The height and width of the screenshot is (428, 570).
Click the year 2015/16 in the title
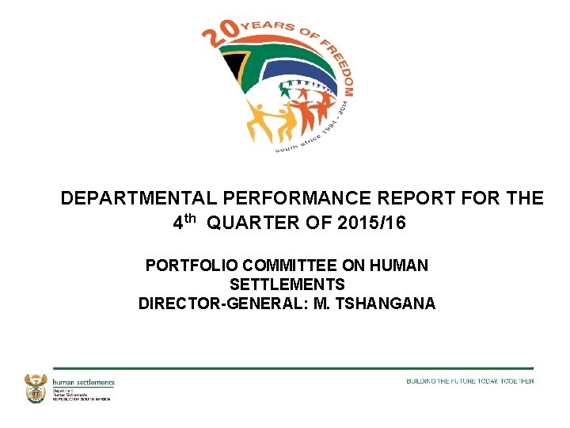click(x=371, y=224)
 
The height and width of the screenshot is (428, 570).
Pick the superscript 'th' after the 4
click(x=192, y=219)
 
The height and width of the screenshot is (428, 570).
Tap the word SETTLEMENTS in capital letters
click(x=287, y=284)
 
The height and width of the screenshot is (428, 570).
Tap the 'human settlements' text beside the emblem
click(x=83, y=382)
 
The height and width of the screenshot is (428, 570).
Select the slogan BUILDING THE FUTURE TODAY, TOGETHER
click(x=469, y=381)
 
